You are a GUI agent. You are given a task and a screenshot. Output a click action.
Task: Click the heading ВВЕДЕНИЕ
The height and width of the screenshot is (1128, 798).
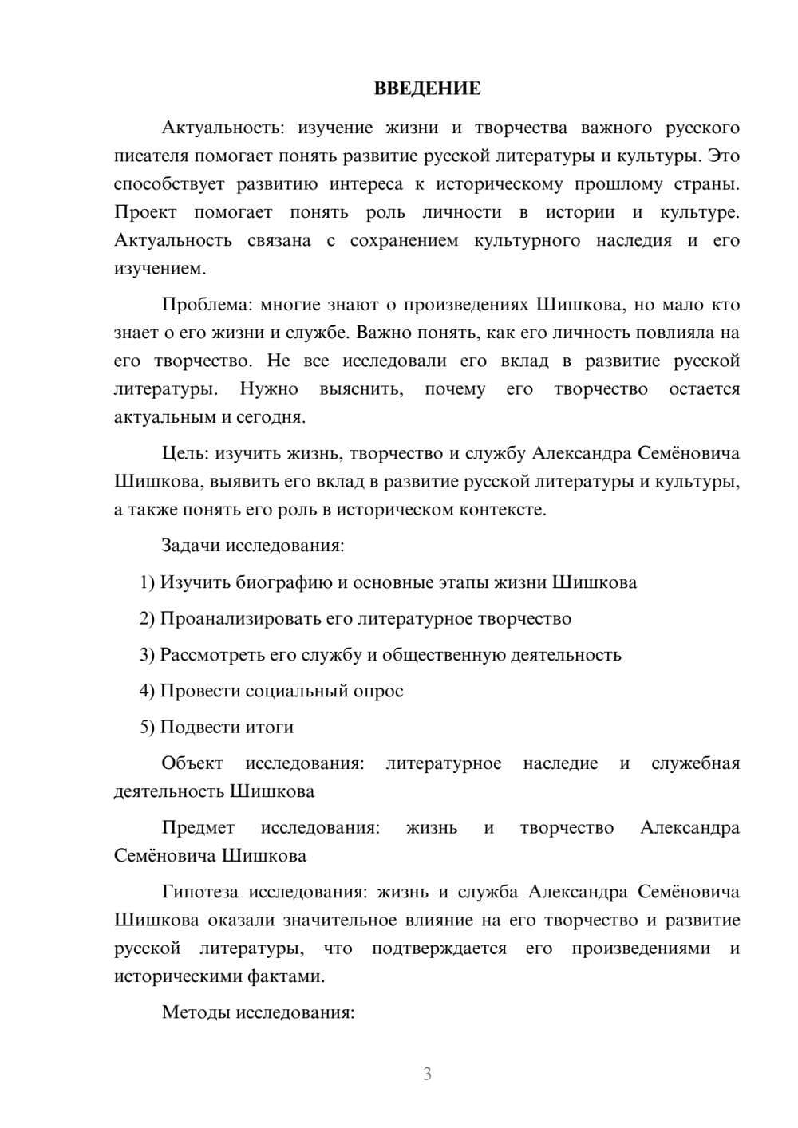427,89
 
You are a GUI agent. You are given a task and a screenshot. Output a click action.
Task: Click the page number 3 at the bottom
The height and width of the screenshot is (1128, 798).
427,1074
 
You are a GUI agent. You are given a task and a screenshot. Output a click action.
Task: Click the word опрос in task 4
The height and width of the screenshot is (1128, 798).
377,691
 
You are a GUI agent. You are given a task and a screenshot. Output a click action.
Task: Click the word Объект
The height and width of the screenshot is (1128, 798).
192,763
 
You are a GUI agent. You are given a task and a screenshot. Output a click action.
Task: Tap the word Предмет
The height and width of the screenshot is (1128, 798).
198,828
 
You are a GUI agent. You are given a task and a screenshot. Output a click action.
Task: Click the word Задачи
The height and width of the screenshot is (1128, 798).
191,546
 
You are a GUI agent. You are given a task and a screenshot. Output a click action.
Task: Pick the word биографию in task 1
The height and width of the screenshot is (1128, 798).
284,582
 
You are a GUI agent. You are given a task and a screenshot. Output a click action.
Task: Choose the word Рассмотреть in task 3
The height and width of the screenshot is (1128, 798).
211,655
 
